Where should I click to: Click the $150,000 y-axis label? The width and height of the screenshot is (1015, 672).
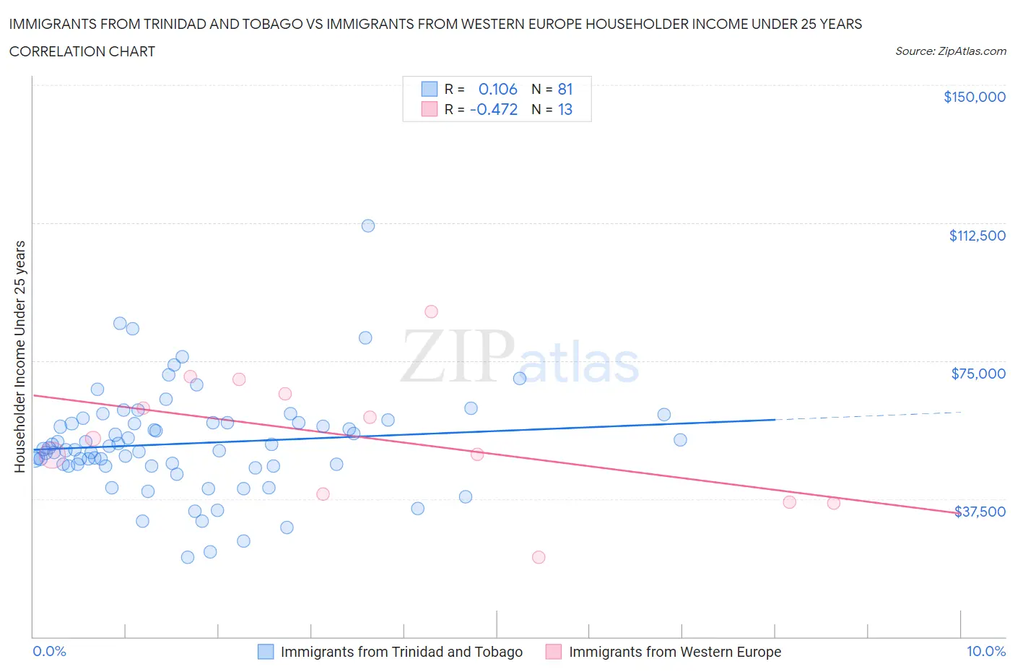(x=974, y=97)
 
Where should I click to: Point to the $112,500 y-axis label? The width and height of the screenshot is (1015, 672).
(x=977, y=236)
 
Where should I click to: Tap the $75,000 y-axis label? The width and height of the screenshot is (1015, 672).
(x=978, y=374)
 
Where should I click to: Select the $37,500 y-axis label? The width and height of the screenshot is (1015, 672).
(x=980, y=512)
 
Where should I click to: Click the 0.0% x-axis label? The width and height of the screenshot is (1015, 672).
(x=49, y=651)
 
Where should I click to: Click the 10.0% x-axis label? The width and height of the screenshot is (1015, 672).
(x=985, y=651)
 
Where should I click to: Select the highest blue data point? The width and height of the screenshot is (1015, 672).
(x=368, y=225)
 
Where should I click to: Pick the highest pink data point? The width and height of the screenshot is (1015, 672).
(x=431, y=311)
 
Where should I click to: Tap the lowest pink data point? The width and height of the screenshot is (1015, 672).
(x=539, y=557)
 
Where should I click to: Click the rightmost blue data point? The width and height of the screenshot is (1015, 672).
(x=680, y=440)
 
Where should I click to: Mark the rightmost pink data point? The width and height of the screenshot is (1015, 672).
(x=834, y=503)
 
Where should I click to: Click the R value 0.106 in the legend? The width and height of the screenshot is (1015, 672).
(x=497, y=89)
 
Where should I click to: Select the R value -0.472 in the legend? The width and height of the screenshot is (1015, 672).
(x=494, y=109)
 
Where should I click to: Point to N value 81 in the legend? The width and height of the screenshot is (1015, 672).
(x=565, y=89)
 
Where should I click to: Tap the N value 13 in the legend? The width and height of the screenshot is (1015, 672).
(x=565, y=109)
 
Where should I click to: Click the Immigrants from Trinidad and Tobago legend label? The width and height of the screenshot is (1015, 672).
(x=401, y=652)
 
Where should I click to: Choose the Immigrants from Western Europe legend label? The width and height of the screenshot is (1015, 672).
(x=674, y=652)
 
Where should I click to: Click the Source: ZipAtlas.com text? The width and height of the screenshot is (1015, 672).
(x=950, y=51)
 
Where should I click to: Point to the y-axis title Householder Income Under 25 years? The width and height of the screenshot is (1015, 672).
(x=19, y=356)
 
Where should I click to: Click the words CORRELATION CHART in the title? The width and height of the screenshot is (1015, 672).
(x=82, y=51)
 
